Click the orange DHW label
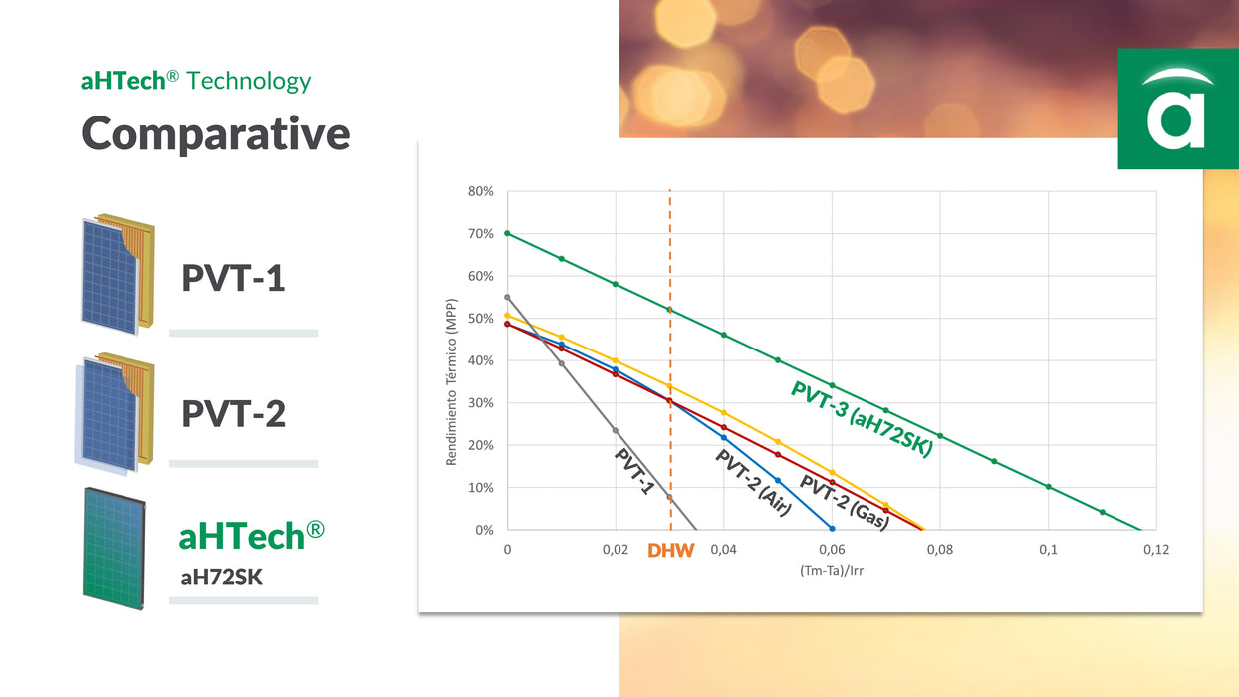pos(670,550)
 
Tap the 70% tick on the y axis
pos(481,234)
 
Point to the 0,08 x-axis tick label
pos(939,550)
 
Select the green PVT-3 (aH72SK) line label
pos(863,419)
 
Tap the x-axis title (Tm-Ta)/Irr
pos(832,571)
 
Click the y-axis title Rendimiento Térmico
pos(451,381)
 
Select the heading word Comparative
pos(215,133)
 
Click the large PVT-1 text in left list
pos(233,278)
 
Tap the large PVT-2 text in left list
pos(233,413)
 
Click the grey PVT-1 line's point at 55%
pos(507,297)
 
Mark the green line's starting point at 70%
pos(507,233)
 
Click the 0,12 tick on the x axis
pos(1155,550)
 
